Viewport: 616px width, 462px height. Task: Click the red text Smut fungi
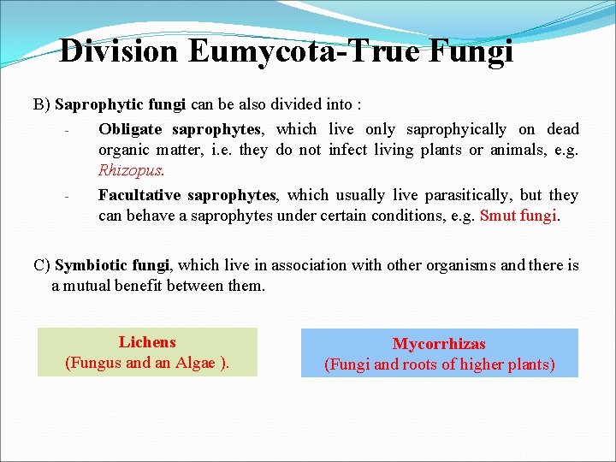pyautogui.click(x=518, y=216)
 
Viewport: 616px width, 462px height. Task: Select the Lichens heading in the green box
pyautogui.click(x=147, y=342)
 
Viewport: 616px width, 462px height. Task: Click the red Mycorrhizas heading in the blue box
pyautogui.click(x=439, y=344)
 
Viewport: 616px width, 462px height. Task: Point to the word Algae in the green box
pyautogui.click(x=197, y=363)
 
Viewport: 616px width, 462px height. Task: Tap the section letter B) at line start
pyautogui.click(x=42, y=104)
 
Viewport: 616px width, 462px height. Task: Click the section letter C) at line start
pyautogui.click(x=42, y=265)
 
